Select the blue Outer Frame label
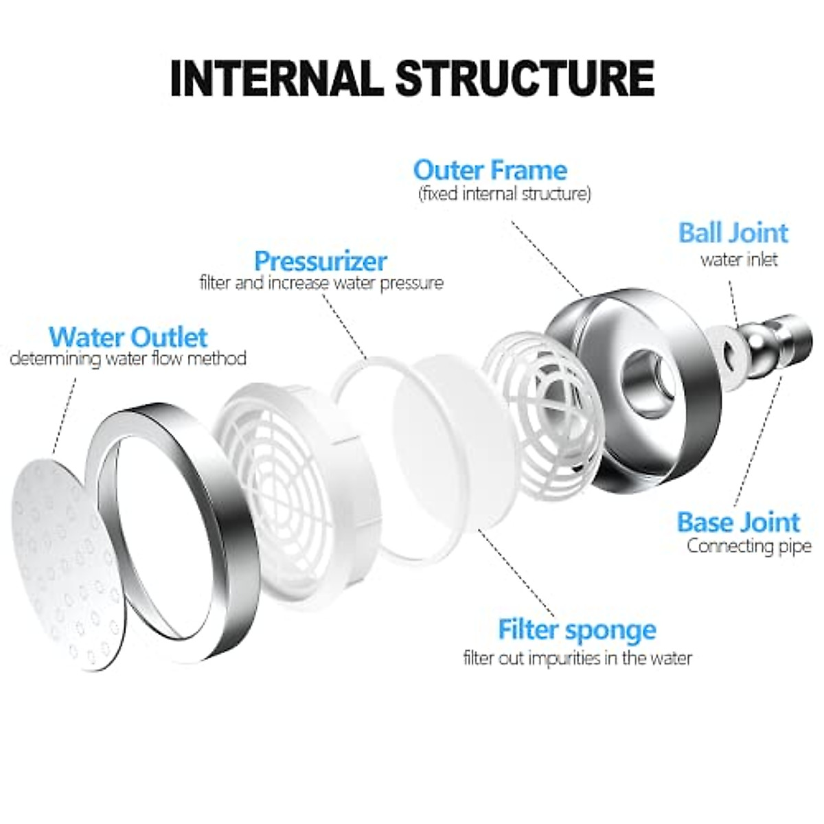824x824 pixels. tap(490, 170)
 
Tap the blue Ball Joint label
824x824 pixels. tap(733, 233)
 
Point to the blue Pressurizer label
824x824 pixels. tap(321, 261)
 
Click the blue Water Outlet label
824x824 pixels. tap(128, 337)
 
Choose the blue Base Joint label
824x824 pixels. tap(738, 523)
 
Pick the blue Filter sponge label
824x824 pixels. tap(577, 629)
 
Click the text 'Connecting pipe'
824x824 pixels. tap(749, 547)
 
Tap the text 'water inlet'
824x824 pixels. tap(739, 260)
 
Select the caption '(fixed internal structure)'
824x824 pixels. tap(505, 194)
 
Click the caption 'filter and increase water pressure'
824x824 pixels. tap(321, 283)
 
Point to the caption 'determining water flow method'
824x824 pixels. tap(128, 358)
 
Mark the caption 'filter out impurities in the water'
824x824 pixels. tap(577, 658)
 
